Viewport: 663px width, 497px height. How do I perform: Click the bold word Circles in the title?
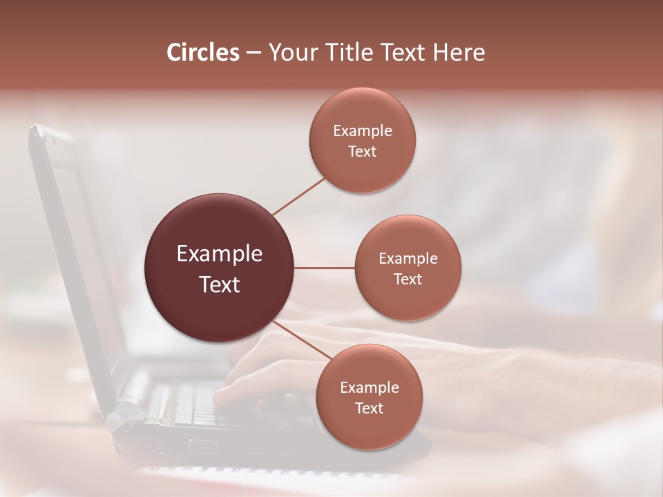203,52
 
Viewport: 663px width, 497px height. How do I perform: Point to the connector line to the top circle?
298,197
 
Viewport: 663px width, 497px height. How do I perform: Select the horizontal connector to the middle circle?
325,268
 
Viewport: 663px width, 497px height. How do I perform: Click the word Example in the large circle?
220,254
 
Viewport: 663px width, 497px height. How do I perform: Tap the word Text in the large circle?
220,284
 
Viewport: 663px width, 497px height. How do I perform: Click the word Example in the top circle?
363,131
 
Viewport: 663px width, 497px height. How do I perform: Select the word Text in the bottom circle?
369,409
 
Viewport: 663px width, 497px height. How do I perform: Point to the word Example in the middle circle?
408,259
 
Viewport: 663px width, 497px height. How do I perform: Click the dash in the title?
253,52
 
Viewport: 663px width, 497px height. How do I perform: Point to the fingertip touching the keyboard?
220,399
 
